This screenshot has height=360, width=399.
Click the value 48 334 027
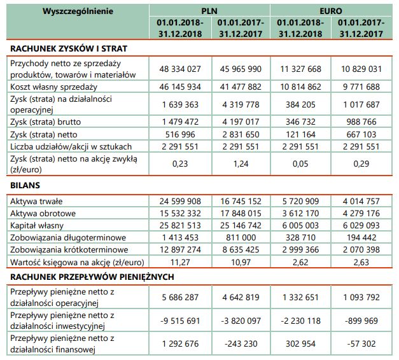[x=178, y=69]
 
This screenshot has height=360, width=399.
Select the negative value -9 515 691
[x=178, y=320]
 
